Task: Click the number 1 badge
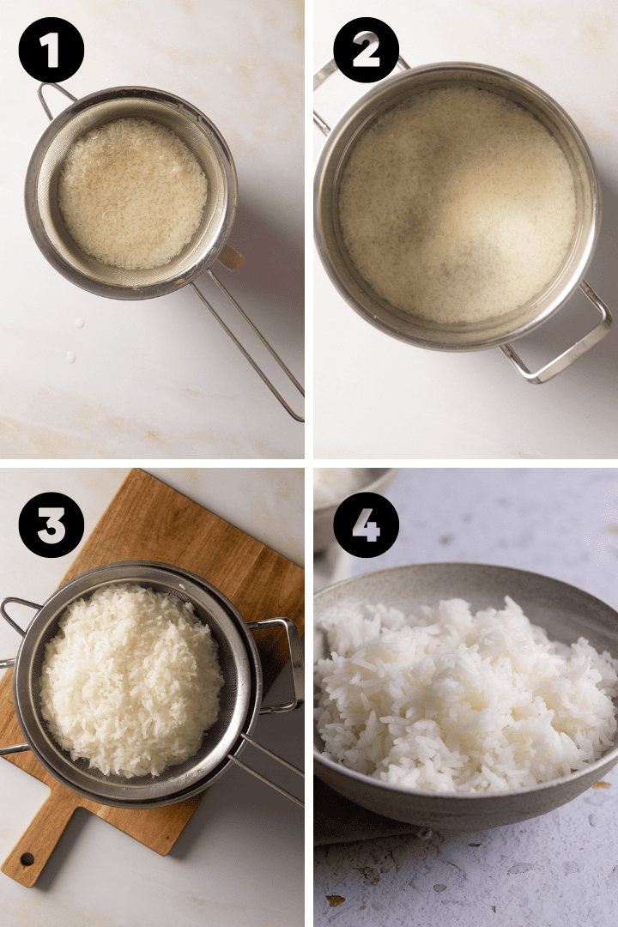[51, 50]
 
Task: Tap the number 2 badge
[366, 50]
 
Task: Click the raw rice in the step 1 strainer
[132, 192]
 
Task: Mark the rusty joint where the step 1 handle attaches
[229, 257]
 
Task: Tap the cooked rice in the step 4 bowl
[463, 695]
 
